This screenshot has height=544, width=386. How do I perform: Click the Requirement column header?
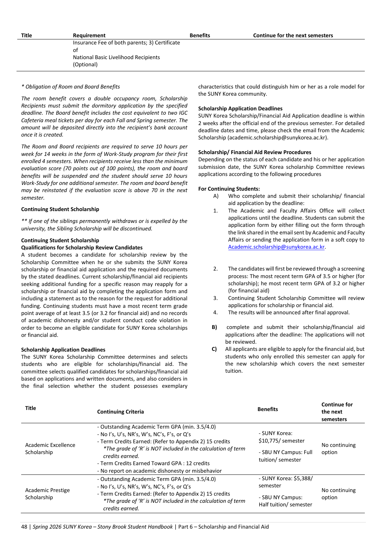point(89,35)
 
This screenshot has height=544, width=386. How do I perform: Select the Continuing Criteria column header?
point(120,412)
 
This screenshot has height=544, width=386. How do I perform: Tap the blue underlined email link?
point(276,247)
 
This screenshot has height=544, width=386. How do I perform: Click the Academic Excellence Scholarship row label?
point(50,449)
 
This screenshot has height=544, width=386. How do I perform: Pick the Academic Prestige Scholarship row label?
point(47,494)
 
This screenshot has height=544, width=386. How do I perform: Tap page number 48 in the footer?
point(24,527)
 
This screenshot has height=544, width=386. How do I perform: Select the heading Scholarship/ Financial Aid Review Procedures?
point(255,152)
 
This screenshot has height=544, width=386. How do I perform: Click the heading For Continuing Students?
point(229,189)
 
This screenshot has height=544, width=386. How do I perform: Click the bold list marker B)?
point(214,327)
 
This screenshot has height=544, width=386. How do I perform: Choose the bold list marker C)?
point(214,349)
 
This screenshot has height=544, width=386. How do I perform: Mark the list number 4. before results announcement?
point(215,312)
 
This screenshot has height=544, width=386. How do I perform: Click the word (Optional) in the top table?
point(85,65)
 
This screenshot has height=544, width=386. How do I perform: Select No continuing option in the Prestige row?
point(338,494)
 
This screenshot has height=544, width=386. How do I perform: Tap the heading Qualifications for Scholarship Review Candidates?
point(82,248)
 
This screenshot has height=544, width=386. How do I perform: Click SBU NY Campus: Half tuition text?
point(285,501)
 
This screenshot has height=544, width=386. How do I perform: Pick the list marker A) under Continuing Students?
point(216,196)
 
